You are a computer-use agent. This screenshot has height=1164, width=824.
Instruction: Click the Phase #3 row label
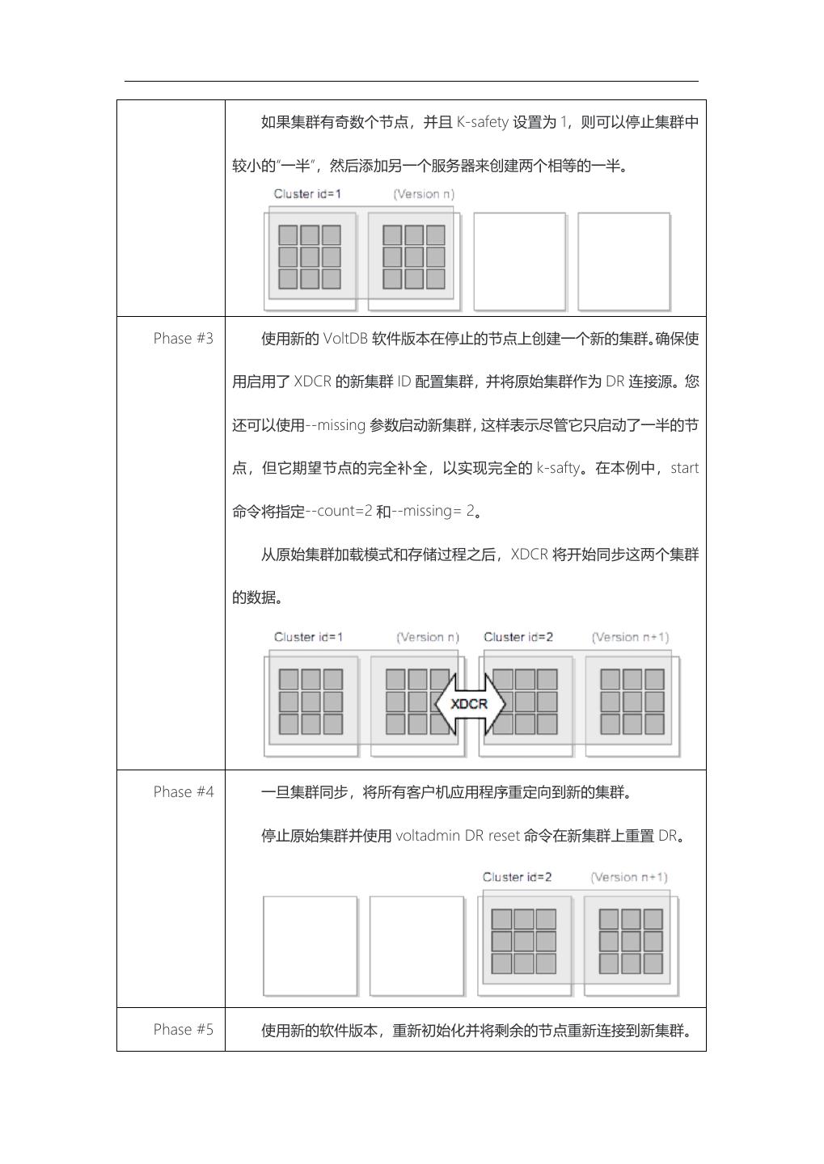coord(184,339)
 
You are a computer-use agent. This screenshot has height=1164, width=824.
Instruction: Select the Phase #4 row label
coord(184,792)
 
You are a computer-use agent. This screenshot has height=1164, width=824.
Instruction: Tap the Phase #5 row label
coord(184,1030)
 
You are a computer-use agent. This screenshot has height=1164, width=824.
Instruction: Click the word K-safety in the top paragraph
coord(482,123)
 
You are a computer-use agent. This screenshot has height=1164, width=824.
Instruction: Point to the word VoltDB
coord(345,339)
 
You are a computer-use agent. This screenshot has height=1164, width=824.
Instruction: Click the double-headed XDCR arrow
coord(470,703)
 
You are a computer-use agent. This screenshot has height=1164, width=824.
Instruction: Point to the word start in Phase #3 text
coord(684,468)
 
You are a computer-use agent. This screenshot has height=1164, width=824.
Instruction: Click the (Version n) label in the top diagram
coord(424,194)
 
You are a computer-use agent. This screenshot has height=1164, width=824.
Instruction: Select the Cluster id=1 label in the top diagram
coord(307,194)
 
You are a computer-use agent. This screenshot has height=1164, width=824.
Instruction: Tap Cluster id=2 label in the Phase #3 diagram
coord(518,637)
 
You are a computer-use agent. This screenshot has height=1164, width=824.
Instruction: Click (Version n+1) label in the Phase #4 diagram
coord(629,877)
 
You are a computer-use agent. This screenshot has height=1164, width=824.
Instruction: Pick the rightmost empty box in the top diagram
coord(623,261)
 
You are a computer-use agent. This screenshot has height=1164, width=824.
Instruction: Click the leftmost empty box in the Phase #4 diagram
coord(310,945)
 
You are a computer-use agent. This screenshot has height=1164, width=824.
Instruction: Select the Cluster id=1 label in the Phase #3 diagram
coord(308,637)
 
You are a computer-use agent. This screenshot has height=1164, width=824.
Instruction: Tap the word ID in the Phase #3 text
coord(404,382)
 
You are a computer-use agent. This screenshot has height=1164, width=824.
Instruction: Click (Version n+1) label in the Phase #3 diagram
coord(630,637)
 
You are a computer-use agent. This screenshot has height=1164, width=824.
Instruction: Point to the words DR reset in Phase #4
coord(492,836)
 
